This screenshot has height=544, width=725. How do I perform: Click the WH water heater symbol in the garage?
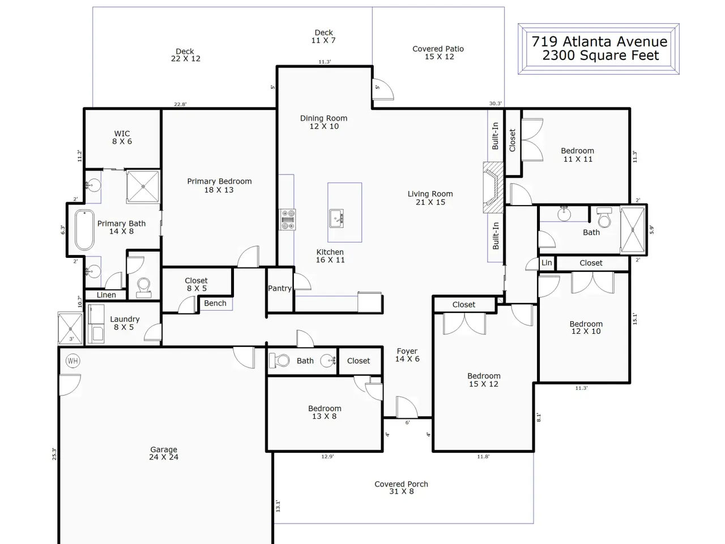click(72, 361)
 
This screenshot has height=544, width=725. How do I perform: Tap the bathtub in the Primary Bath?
click(84, 230)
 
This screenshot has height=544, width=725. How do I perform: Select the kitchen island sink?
click(336, 218)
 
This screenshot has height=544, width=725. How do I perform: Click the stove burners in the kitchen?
click(288, 219)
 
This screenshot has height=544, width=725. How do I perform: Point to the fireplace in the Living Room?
click(493, 187)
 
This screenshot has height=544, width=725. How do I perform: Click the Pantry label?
click(280, 288)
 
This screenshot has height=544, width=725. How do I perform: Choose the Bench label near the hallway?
click(215, 303)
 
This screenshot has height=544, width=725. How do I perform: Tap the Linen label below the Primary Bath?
click(106, 295)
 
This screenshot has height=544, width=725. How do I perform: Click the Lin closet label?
click(547, 262)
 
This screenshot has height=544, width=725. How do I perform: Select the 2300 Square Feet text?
click(600, 55)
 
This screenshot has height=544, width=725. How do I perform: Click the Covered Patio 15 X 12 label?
click(438, 53)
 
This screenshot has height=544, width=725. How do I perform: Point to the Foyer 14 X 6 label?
click(407, 355)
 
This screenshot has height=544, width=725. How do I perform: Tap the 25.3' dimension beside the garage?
click(54, 454)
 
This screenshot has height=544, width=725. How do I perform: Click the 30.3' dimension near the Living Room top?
click(496, 103)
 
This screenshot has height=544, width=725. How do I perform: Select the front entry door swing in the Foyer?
click(407, 407)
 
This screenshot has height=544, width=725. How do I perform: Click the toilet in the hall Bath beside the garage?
click(279, 360)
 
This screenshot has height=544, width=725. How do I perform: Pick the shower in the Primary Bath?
click(143, 186)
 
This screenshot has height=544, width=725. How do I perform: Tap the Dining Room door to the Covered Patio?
click(383, 89)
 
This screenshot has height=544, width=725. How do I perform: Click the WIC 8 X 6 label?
click(122, 137)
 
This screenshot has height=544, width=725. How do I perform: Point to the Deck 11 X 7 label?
click(323, 36)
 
